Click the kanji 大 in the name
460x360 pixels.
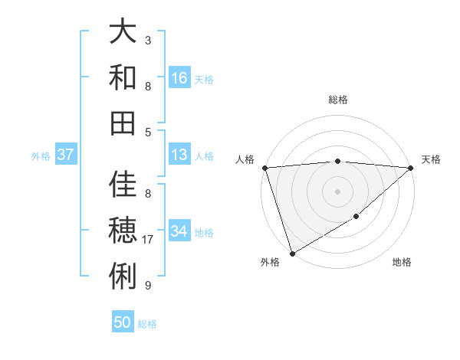123,33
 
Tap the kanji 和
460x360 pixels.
123,77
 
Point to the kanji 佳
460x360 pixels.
123,185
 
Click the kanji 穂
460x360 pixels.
123,229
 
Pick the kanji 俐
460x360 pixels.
123,273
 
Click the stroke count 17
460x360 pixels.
149,240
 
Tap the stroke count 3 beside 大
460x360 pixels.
148,40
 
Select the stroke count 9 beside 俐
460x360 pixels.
148,285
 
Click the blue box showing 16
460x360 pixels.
179,78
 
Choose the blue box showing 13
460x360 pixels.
179,155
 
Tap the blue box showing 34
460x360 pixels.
179,231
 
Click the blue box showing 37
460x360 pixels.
66,155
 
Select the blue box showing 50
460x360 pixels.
123,322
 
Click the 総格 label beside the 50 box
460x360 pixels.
147,324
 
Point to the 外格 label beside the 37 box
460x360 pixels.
41,156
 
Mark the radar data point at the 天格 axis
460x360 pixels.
411,168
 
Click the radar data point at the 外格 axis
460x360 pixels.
292,254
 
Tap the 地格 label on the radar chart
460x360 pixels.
402,263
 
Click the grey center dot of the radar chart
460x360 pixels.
337,191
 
